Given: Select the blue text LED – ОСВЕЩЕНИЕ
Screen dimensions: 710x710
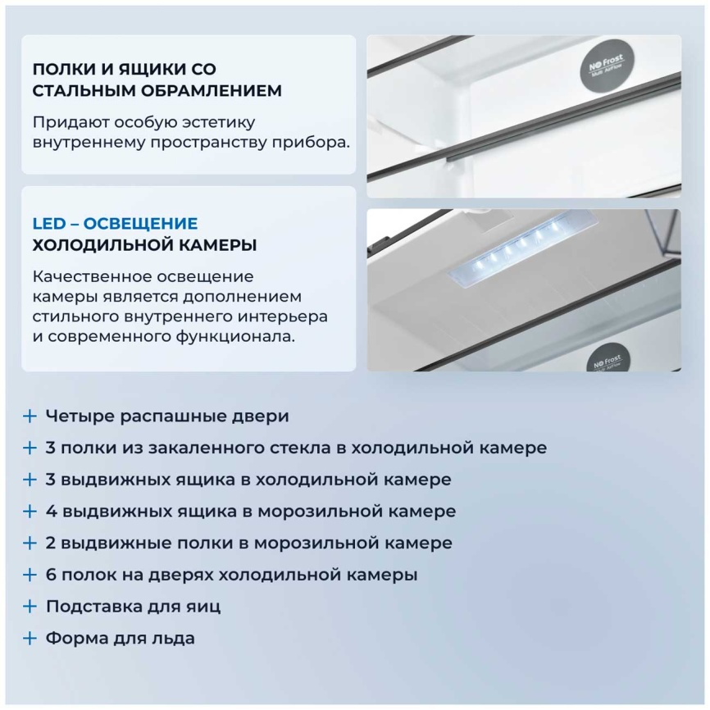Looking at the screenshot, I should [x=115, y=223].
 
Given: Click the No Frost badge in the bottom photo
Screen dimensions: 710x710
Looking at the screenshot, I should [x=605, y=360].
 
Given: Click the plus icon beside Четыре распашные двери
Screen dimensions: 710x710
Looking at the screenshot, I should [x=30, y=416].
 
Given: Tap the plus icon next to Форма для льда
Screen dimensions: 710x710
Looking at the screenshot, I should [x=30, y=639].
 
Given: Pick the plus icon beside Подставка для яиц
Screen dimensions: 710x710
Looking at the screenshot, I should [x=30, y=607].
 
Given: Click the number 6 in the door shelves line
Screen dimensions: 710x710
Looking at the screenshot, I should [x=51, y=575].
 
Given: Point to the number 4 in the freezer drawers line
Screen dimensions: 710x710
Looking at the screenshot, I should [x=51, y=512].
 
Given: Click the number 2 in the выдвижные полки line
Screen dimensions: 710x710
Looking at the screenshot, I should [x=51, y=543].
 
